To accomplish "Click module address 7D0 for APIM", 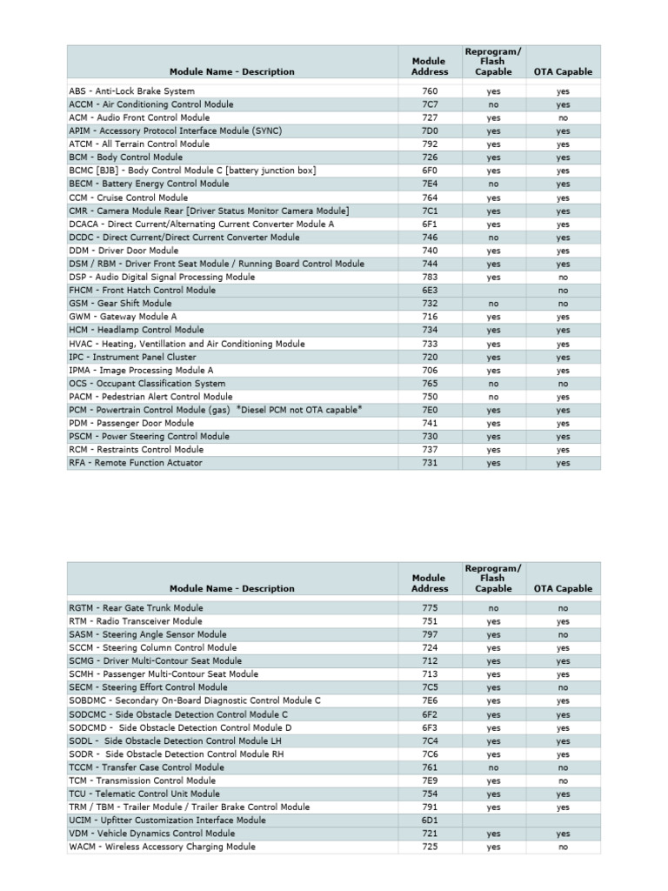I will (430, 131).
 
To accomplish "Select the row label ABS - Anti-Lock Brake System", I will (131, 90).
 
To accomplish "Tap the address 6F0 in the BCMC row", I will (430, 171).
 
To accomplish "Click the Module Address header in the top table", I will (430, 66).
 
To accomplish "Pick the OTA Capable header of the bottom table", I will (563, 588).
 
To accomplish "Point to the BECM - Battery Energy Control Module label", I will (149, 184).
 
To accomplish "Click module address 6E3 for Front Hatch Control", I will (430, 290).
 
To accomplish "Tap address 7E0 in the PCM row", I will (430, 410).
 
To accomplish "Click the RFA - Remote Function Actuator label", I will (135, 463).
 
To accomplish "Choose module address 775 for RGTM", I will (430, 608).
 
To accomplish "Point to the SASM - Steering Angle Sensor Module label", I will (147, 634).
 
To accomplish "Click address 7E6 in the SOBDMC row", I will (430, 700).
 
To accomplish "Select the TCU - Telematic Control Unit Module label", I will (144, 794).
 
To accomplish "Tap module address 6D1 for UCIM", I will (430, 820).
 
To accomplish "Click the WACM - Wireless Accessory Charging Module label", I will (162, 847).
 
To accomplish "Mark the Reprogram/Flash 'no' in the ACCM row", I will (493, 104).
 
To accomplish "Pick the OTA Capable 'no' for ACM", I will (563, 117).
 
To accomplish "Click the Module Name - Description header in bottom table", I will (231, 588).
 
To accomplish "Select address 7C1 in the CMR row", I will (430, 211).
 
